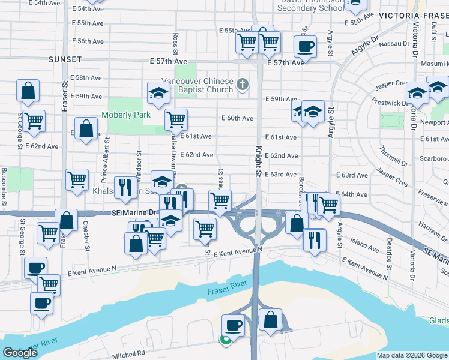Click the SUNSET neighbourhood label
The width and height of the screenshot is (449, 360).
pyautogui.click(x=66, y=59)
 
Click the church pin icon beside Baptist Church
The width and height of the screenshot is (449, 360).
pyautogui.click(x=242, y=84)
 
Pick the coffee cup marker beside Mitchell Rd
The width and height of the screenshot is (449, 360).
pyautogui.click(x=234, y=326)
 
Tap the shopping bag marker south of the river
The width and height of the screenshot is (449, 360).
pyautogui.click(x=270, y=320)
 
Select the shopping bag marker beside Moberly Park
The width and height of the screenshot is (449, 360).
pyautogui.click(x=88, y=128)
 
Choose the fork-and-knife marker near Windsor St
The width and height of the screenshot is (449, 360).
pyautogui.click(x=125, y=187)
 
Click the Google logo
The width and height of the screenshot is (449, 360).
pyautogui.click(x=20, y=353)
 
